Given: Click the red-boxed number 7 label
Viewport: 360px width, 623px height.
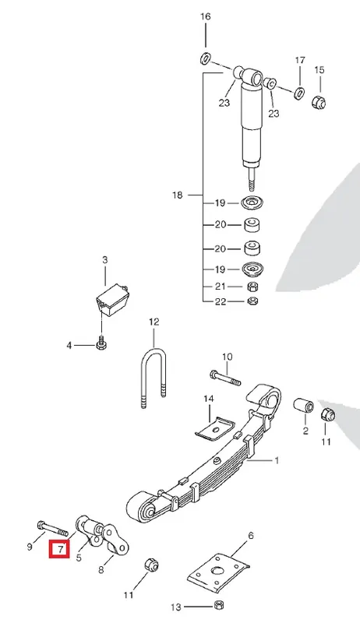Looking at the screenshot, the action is pos(59,550).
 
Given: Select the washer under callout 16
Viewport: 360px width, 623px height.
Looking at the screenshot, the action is pos(205,58).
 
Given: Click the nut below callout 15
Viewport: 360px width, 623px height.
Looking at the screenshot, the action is pos(319,102).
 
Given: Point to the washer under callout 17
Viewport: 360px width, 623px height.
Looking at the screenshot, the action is pos(299,93).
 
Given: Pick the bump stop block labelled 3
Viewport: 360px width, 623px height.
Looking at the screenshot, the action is pos(112,300).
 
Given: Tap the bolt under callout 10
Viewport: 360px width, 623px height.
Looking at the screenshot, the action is pos(225,378).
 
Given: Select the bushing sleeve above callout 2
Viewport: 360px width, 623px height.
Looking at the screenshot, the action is pos(304,407).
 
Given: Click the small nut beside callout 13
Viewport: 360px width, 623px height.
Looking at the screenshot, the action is pos(217,605).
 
